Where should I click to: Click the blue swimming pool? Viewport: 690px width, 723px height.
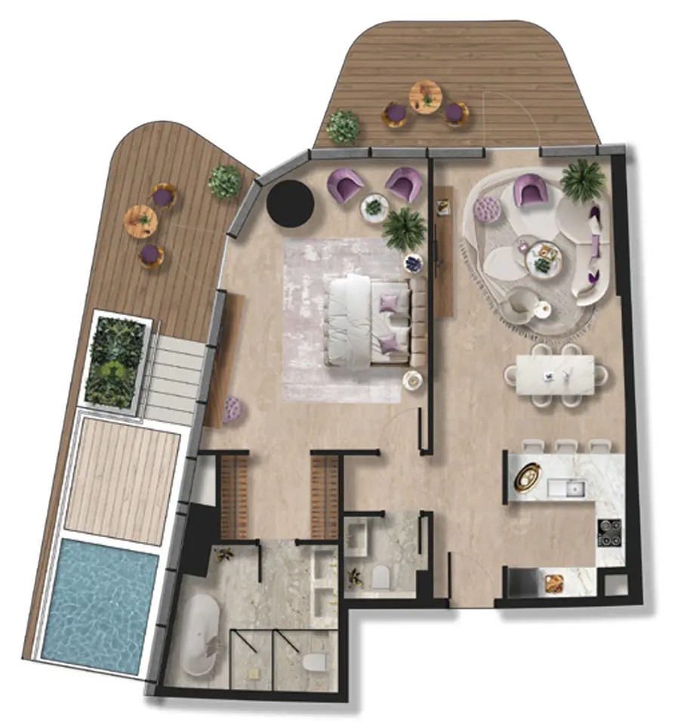pyautogui.click(x=100, y=604)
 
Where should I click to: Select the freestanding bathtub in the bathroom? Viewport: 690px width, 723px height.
pyautogui.click(x=203, y=633)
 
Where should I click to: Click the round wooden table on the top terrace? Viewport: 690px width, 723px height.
pyautogui.click(x=427, y=97)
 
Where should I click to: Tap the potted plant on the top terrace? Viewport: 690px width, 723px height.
pyautogui.click(x=343, y=125)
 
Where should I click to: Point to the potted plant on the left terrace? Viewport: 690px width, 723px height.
pyautogui.click(x=225, y=181)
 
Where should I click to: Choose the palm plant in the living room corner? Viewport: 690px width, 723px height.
pyautogui.click(x=583, y=179)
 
